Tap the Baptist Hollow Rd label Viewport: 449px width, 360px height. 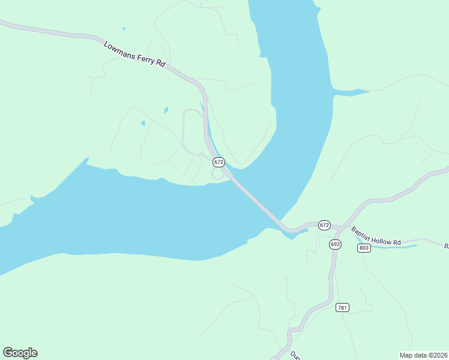(x=376, y=236)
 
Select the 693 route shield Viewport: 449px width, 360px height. (x=335, y=244)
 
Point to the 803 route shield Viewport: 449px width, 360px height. (x=363, y=248)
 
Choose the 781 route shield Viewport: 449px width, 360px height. (x=342, y=307)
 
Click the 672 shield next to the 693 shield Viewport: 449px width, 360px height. (x=324, y=225)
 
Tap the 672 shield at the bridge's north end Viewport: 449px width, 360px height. (x=218, y=162)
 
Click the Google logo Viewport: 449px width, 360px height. (x=20, y=353)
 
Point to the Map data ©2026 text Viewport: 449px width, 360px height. (x=423, y=355)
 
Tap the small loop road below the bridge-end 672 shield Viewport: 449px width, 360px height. (x=216, y=174)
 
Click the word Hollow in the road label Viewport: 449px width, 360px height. (x=381, y=239)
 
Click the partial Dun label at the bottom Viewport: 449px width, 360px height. (x=295, y=355)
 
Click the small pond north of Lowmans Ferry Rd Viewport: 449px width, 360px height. (x=124, y=28)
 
